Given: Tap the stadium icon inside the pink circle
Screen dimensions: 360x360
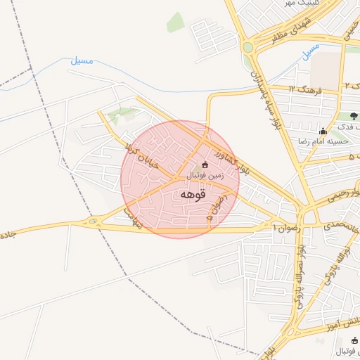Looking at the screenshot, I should (x=205, y=165).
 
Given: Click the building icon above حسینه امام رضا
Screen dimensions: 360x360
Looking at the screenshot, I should (x=323, y=130).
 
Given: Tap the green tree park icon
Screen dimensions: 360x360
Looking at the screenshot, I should (x=353, y=116).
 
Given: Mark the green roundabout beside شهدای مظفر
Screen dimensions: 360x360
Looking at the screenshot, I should (x=247, y=48).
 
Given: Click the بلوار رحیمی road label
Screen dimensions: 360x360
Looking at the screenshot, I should (x=342, y=195).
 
